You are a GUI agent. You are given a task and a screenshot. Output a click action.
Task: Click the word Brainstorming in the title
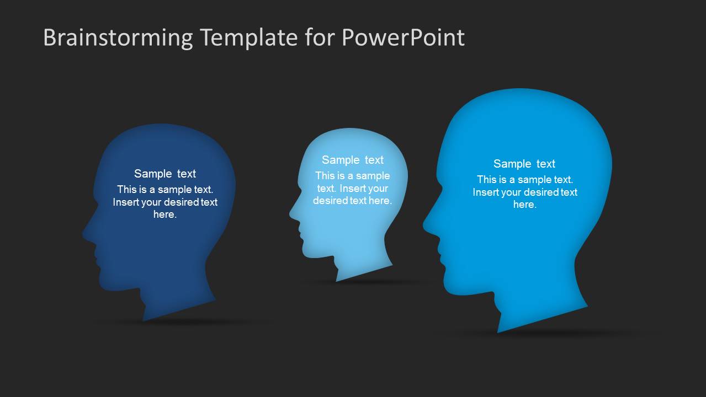(x=118, y=38)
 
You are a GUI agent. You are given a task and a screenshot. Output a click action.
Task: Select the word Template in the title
(x=248, y=38)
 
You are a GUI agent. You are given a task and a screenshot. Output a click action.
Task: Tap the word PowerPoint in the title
(x=403, y=38)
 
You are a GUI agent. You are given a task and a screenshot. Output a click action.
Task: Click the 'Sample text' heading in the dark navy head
(x=165, y=174)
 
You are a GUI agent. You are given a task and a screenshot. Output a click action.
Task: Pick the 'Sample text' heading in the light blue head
(x=352, y=160)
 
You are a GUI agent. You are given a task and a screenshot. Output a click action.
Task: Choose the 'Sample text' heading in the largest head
(x=524, y=164)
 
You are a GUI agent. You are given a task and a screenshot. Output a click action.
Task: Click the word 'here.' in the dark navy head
(x=165, y=214)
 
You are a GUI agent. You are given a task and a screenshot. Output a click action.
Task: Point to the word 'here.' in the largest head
(x=524, y=205)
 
